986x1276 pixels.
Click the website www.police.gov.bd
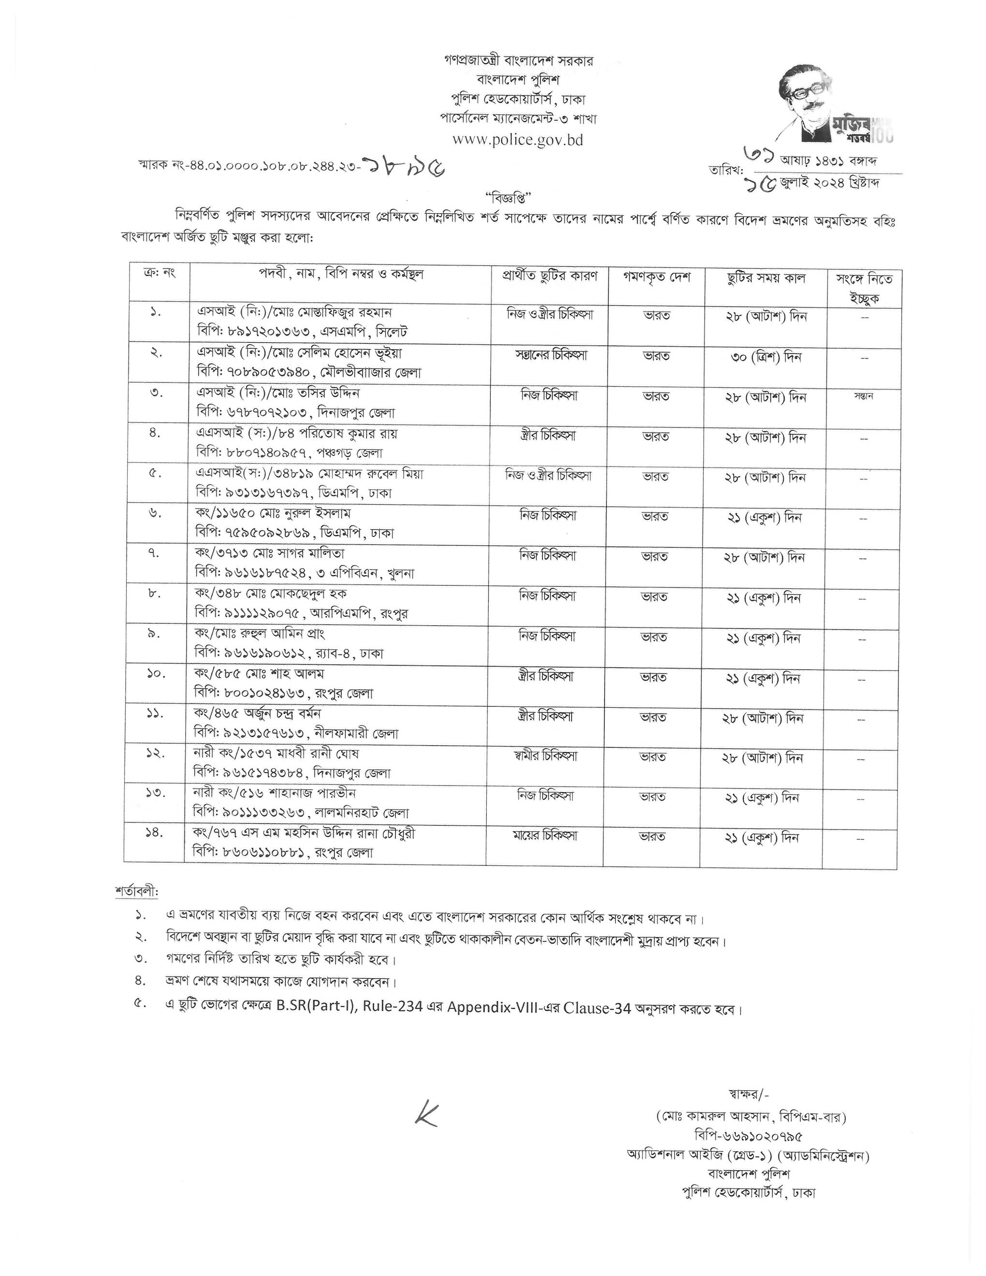[518, 140]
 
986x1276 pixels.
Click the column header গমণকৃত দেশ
[656, 277]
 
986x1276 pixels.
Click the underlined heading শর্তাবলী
[137, 892]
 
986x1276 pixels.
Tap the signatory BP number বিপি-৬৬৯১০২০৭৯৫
[748, 1135]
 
